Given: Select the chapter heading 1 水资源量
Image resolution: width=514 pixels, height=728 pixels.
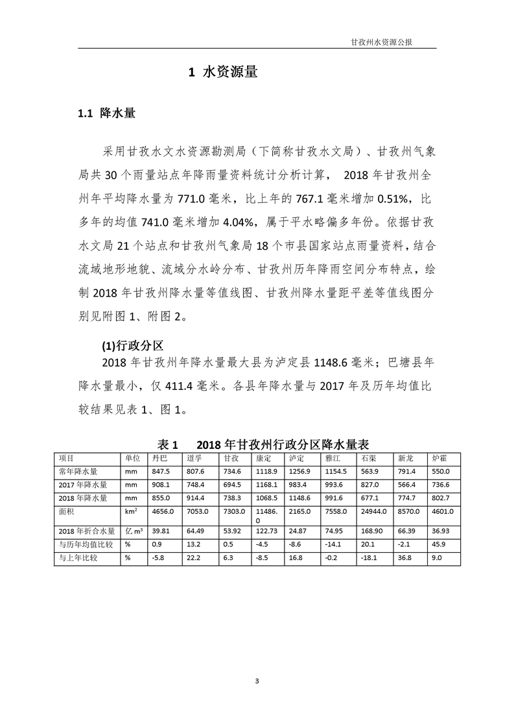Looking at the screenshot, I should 223,73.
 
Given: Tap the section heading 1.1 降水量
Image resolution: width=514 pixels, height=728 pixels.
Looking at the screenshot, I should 106,114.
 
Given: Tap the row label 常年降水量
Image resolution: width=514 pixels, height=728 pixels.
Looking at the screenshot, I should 78,471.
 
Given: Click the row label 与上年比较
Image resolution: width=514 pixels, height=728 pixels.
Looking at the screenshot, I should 78,557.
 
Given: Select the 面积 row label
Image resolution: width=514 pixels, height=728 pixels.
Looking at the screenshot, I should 66,511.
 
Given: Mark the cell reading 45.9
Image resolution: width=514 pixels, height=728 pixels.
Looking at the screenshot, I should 439,544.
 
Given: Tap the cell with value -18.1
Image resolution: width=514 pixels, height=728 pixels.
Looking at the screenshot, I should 370,557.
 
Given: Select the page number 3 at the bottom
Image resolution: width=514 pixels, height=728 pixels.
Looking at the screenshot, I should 257,680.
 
